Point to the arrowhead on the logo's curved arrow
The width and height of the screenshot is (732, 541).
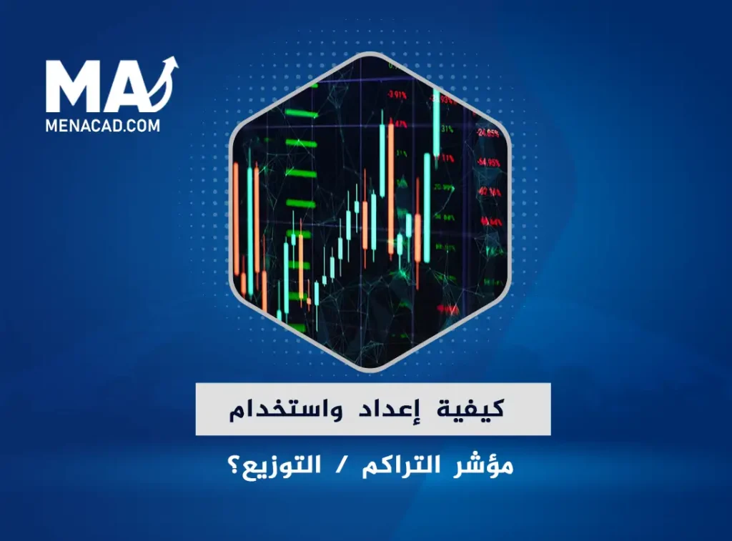(171, 64)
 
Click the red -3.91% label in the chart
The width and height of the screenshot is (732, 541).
(396, 94)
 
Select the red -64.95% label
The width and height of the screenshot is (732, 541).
(489, 163)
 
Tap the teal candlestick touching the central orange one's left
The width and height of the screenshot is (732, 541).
(382, 161)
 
